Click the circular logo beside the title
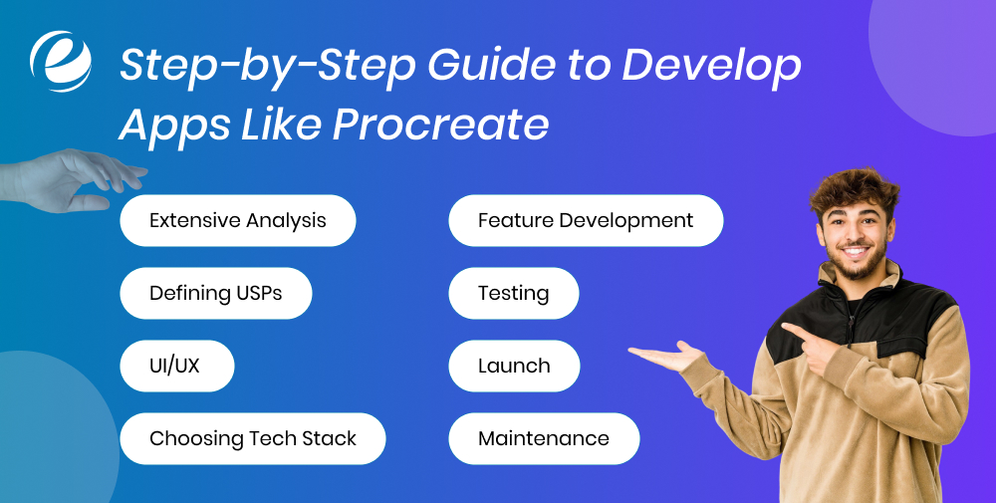tap(61, 62)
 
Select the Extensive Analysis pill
tap(237, 220)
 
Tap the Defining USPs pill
tap(215, 293)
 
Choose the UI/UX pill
tap(176, 366)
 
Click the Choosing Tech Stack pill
tap(252, 438)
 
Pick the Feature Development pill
tap(586, 220)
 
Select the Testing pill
tap(513, 293)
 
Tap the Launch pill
tap(514, 366)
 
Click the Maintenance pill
tap(544, 438)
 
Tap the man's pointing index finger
tap(793, 330)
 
